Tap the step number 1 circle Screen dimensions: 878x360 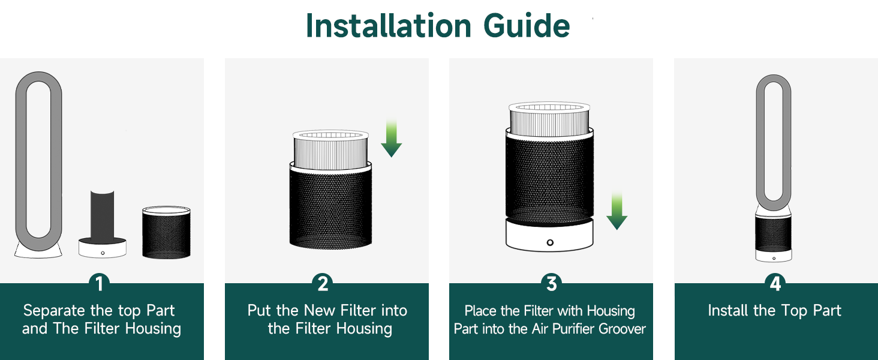coord(99,283)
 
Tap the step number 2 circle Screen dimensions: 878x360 coord(323,283)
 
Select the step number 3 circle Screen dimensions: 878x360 coord(551,283)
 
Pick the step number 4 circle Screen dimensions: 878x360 coord(775,283)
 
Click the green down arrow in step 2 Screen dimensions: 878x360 coord(392,139)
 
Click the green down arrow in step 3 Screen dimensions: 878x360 coord(617,211)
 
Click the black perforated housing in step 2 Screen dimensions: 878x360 coord(329,207)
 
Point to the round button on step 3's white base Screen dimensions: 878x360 coord(550,242)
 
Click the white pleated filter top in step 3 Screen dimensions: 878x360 coord(550,118)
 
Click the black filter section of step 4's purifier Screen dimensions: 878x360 coord(774,234)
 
